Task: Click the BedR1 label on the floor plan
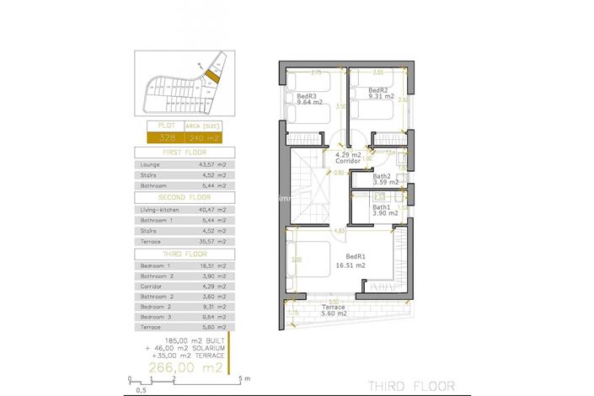(356, 256)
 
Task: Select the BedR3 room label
(307, 96)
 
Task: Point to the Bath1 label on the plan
(383, 207)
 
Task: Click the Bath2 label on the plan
(384, 176)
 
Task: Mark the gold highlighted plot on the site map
(211, 75)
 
